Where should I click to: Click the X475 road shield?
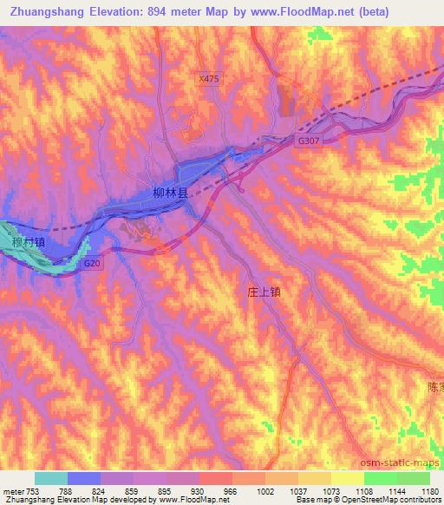[x=208, y=78]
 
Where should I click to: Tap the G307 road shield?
[x=307, y=140]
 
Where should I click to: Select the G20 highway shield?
[x=93, y=262]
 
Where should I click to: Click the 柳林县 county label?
[x=171, y=197]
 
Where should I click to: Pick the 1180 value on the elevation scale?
[x=430, y=491]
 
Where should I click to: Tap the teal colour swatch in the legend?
[x=50, y=478]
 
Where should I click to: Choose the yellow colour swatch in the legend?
[x=347, y=478]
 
